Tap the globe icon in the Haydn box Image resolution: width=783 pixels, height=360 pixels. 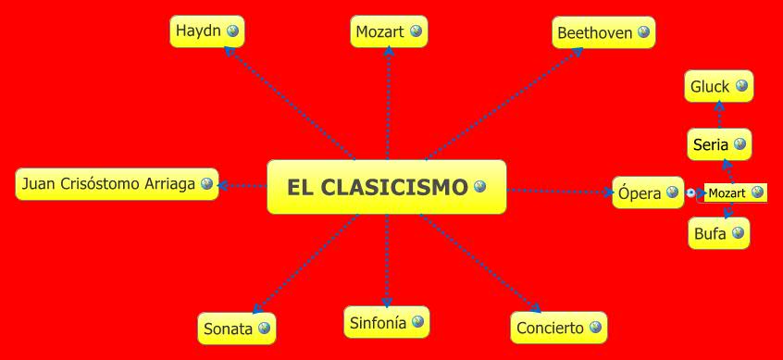click(x=232, y=31)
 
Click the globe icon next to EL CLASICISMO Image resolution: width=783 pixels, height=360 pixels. click(x=479, y=187)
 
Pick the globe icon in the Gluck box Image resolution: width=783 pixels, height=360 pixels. click(x=740, y=87)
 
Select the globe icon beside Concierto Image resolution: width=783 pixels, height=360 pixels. click(x=594, y=328)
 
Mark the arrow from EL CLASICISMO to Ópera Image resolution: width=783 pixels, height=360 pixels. click(x=560, y=192)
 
